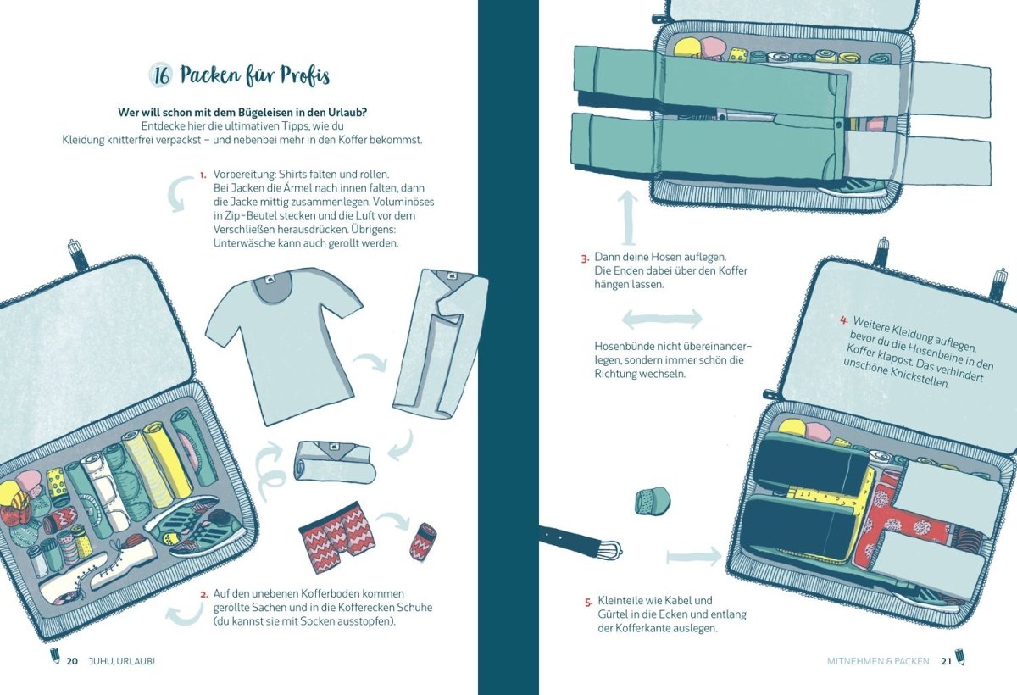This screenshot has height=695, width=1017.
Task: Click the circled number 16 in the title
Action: pyautogui.click(x=161, y=76)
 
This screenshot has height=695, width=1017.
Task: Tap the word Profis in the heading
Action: pyautogui.click(x=304, y=75)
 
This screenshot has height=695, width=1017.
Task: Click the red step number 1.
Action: pyautogui.click(x=203, y=175)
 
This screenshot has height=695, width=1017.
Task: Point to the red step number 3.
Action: pyautogui.click(x=585, y=259)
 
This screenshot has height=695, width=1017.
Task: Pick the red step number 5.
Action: pyautogui.click(x=588, y=603)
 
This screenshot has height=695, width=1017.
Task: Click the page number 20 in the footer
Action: pyautogui.click(x=72, y=661)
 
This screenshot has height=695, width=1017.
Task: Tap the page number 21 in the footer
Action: pyautogui.click(x=946, y=661)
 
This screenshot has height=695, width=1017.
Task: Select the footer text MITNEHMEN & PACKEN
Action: pyautogui.click(x=878, y=661)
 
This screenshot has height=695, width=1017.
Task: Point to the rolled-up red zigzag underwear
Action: pyautogui.click(x=423, y=542)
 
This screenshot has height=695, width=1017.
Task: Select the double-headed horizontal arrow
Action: pyautogui.click(x=662, y=319)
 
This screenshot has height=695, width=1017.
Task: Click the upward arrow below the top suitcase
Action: pyautogui.click(x=628, y=218)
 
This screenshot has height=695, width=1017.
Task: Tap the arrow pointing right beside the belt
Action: pyautogui.click(x=694, y=557)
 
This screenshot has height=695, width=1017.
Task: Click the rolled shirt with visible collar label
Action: pyautogui.click(x=335, y=462)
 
